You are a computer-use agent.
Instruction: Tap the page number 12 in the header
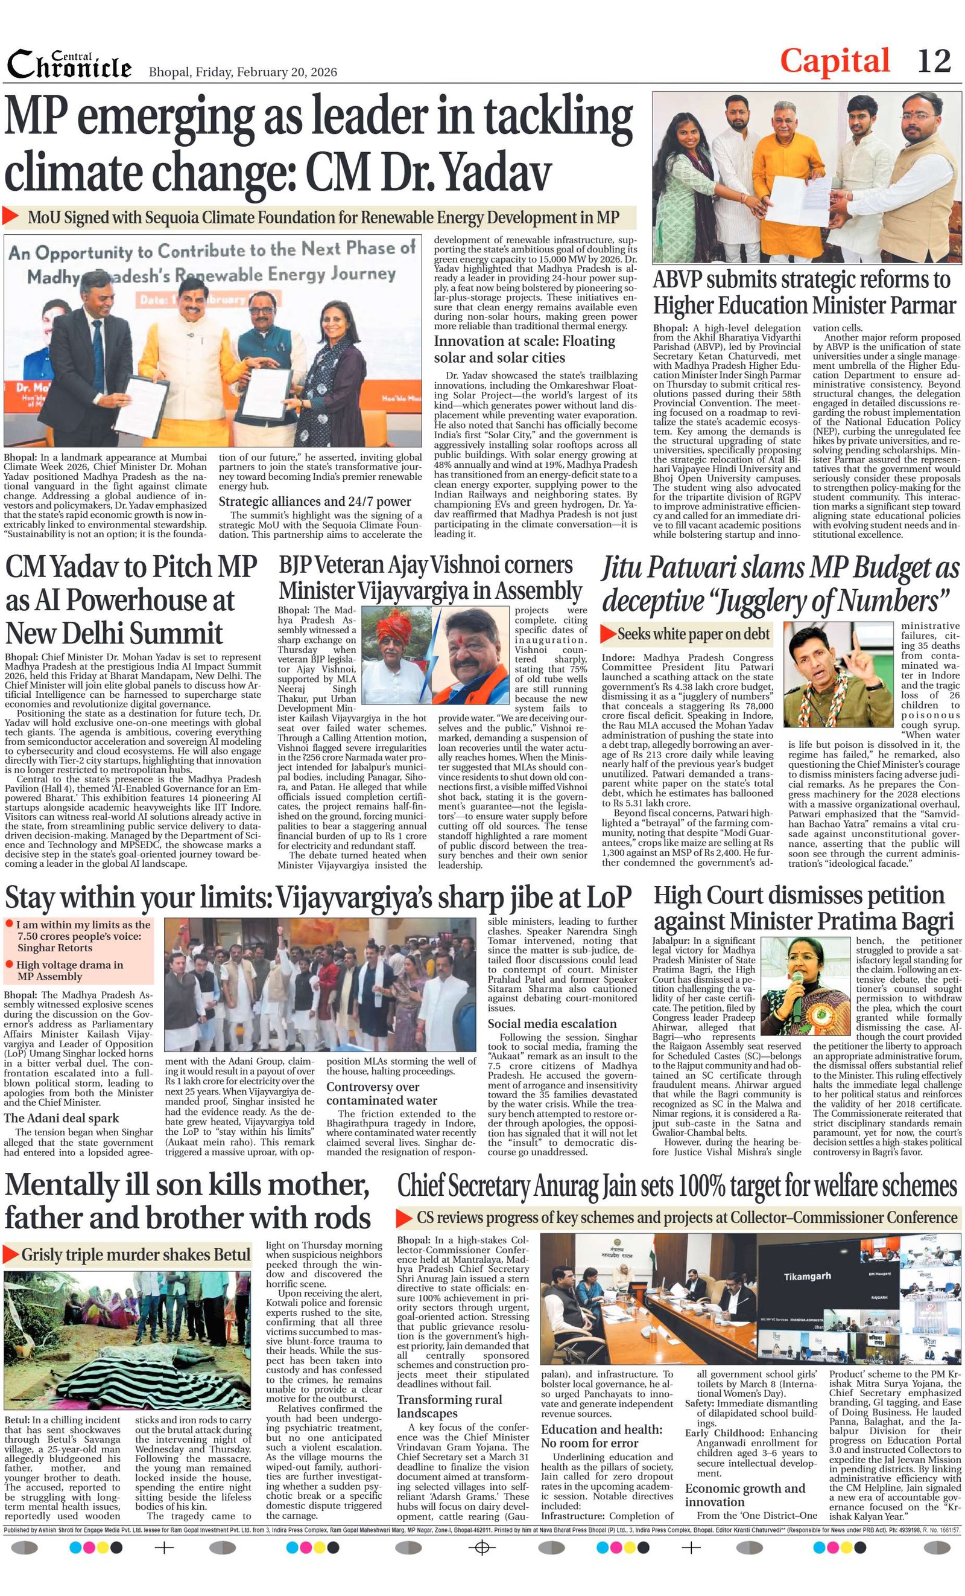(x=934, y=62)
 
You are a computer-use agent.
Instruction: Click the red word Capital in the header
(x=834, y=62)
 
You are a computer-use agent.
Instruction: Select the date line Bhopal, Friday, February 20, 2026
(x=242, y=71)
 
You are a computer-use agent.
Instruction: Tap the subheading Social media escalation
(x=551, y=1023)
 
